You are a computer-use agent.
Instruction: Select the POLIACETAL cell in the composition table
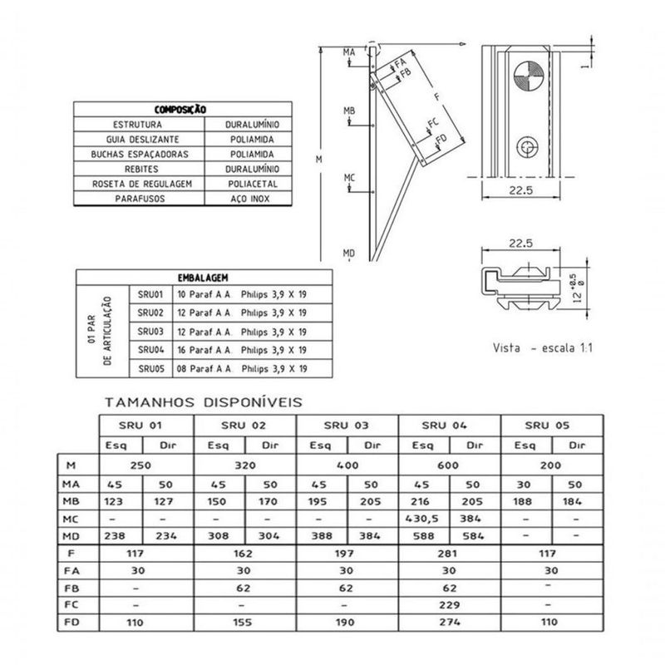(258, 184)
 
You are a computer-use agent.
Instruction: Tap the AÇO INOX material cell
(258, 199)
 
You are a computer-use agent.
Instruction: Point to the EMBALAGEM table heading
(203, 278)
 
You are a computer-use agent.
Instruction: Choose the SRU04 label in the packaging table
(150, 349)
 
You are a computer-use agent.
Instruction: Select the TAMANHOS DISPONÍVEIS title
(204, 402)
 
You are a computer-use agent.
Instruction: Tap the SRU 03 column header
(347, 425)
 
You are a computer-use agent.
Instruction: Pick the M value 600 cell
(450, 465)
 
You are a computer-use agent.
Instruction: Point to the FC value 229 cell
(450, 603)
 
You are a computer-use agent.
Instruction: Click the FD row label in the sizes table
(72, 622)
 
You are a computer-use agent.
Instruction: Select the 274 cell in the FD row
(450, 622)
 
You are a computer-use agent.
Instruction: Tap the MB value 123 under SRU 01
(116, 501)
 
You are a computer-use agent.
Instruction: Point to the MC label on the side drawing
(350, 178)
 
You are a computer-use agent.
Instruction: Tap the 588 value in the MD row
(425, 537)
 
